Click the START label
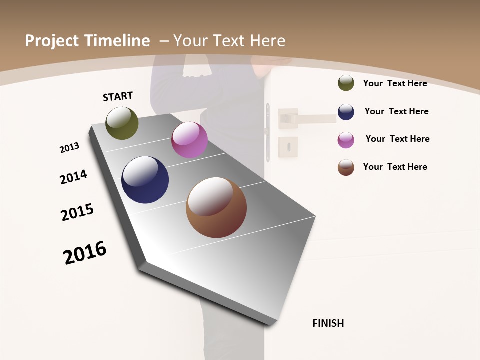[x=118, y=96]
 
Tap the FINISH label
[x=328, y=323]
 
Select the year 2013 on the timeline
[x=69, y=148]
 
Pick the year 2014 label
[x=73, y=177]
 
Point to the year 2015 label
[x=77, y=212]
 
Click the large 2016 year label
[x=85, y=253]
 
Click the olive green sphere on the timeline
[x=122, y=123]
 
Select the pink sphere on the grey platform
[x=189, y=140]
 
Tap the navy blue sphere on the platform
[x=145, y=180]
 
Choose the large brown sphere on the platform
[x=216, y=207]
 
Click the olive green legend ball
[x=346, y=83]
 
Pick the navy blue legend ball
[x=346, y=112]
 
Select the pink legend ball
[x=346, y=140]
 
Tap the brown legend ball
[x=346, y=167]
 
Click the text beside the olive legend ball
[x=395, y=83]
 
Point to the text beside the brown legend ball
[x=395, y=167]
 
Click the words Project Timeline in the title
[x=87, y=41]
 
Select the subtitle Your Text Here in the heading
[x=229, y=41]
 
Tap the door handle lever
[x=310, y=119]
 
